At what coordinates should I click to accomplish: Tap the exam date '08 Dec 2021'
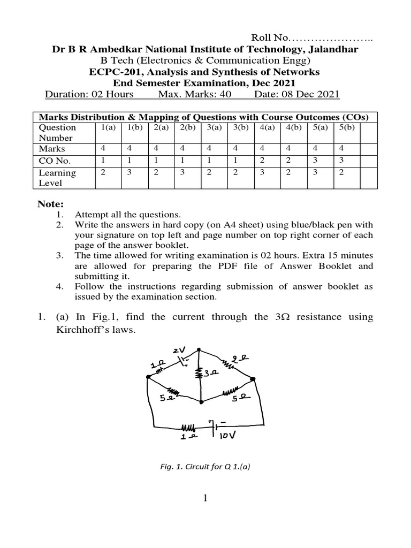(311, 95)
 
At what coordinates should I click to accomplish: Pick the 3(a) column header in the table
(214, 128)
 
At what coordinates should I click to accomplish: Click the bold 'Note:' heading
(50, 204)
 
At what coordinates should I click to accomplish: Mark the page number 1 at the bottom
(205, 499)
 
